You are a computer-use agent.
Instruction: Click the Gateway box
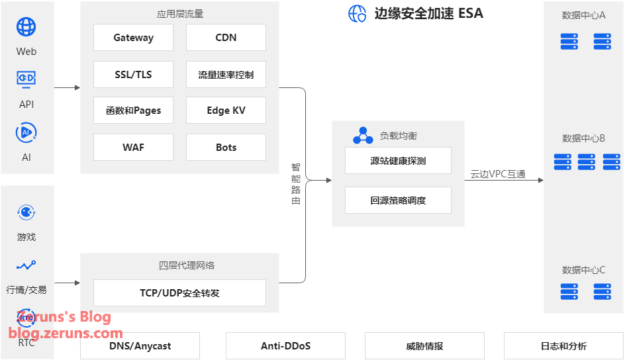(133, 38)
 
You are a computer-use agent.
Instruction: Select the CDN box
(226, 38)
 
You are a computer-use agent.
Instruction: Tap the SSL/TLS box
(133, 75)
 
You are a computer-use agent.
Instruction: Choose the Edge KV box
(226, 111)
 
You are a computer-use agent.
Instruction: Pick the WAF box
(133, 148)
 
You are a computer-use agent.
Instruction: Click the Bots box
(226, 148)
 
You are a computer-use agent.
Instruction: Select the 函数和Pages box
(133, 111)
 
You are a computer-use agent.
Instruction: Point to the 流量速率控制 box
(226, 75)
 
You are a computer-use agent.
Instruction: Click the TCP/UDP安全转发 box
(179, 292)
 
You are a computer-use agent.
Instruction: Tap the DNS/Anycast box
(140, 346)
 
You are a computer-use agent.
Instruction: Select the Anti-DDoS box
(285, 346)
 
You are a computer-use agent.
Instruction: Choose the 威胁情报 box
(424, 346)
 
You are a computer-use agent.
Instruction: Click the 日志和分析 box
(563, 346)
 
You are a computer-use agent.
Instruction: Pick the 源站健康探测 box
(398, 161)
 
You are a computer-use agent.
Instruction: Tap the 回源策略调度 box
(398, 201)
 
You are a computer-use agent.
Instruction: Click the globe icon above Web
(26, 27)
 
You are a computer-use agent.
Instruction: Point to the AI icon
(26, 132)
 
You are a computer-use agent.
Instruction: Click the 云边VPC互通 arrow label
(498, 174)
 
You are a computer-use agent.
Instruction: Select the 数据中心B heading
(583, 138)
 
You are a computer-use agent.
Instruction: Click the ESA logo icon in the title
(358, 13)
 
